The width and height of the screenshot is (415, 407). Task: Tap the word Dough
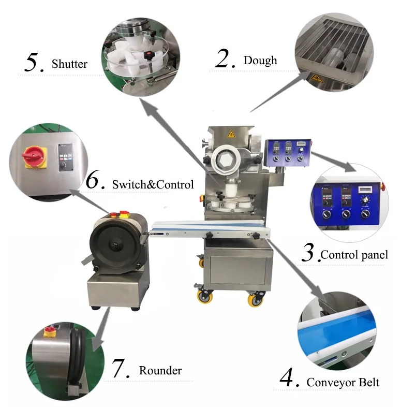pos(260,61)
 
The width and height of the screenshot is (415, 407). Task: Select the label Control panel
pos(354,255)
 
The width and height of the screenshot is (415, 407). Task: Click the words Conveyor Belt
pos(343,383)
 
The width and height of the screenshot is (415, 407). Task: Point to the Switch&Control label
pos(153,184)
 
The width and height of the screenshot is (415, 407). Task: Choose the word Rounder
pos(160,371)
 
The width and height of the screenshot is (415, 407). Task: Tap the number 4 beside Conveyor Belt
pos(290,379)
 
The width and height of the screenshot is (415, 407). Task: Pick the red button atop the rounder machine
pos(113,213)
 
